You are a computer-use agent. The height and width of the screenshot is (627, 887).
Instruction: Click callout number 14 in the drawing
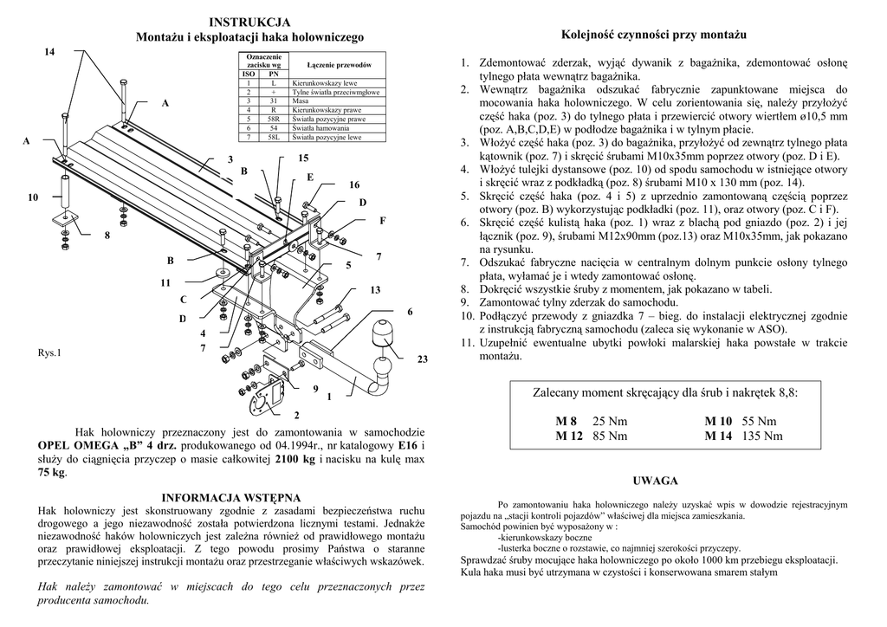pos(49,53)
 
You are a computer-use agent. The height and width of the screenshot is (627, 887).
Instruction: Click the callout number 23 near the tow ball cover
pos(423,359)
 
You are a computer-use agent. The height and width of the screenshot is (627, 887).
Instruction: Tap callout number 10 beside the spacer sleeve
pos(33,198)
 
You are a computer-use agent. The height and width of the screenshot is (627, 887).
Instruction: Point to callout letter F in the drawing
pos(382,221)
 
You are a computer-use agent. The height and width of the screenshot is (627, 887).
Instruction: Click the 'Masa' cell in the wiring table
pos(302,101)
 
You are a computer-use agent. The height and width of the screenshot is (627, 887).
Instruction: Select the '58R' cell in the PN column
pos(273,120)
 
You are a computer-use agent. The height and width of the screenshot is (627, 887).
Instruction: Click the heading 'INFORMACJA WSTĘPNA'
pos(231,498)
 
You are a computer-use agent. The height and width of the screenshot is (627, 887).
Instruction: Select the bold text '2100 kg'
pos(295,459)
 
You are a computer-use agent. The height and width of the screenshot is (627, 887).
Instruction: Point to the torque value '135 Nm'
pos(762,436)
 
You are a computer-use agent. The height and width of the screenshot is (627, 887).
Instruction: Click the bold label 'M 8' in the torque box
pos(567,420)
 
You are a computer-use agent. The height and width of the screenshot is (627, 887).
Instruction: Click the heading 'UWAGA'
pos(655,481)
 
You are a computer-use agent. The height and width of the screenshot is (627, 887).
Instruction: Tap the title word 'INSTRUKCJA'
pos(249,22)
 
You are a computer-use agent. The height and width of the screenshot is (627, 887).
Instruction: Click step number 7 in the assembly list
pos(464,262)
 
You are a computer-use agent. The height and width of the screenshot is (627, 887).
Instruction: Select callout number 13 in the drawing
pos(376,289)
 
